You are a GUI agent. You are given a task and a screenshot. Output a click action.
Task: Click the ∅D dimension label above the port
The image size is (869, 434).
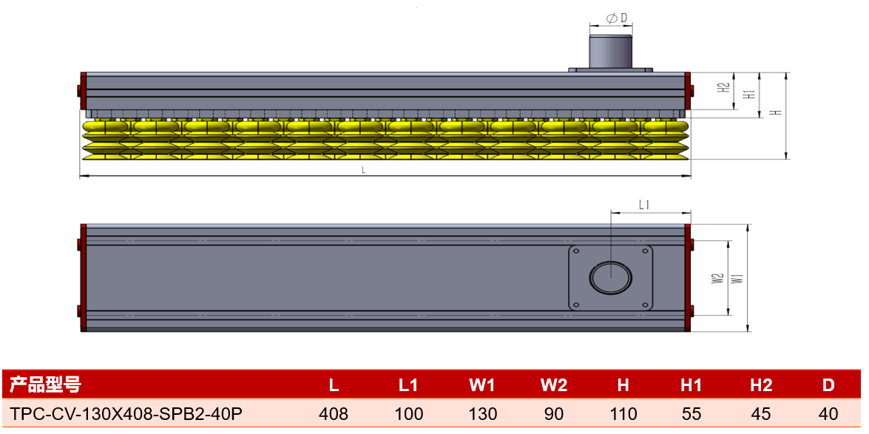coord(617,18)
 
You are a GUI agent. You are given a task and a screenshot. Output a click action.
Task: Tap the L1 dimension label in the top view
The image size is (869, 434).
coord(643,205)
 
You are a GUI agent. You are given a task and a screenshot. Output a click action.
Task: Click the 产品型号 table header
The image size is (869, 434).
coord(45,384)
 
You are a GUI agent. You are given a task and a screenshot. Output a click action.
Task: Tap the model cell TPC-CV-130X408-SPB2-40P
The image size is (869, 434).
coord(126,413)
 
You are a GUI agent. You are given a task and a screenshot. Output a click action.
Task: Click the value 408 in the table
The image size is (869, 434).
coord(334,413)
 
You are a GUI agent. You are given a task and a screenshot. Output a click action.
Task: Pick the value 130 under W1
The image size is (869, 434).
coord(483,413)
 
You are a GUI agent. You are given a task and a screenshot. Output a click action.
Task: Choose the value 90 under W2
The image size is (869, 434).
coord(554,413)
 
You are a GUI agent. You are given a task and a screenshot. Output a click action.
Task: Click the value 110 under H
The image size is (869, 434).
coord(623,413)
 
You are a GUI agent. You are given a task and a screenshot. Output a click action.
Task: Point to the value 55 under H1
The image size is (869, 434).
coord(691,413)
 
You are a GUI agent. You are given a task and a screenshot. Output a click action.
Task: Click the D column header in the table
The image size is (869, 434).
coord(828,384)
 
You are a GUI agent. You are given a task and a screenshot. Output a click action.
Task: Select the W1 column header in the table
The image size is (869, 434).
coord(482,384)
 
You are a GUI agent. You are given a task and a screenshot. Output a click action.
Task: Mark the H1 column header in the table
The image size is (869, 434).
coord(691,384)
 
